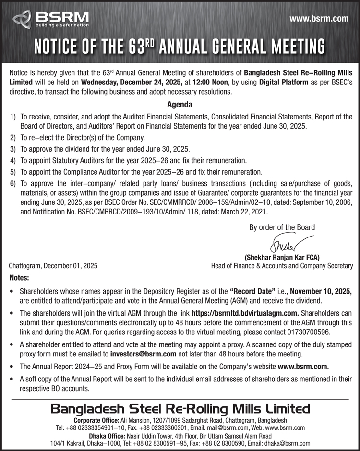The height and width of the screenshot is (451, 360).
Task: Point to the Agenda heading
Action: coord(180,104)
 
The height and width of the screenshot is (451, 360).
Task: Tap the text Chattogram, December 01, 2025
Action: coord(53,266)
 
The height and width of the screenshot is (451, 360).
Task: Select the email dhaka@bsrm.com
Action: coord(288,444)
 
